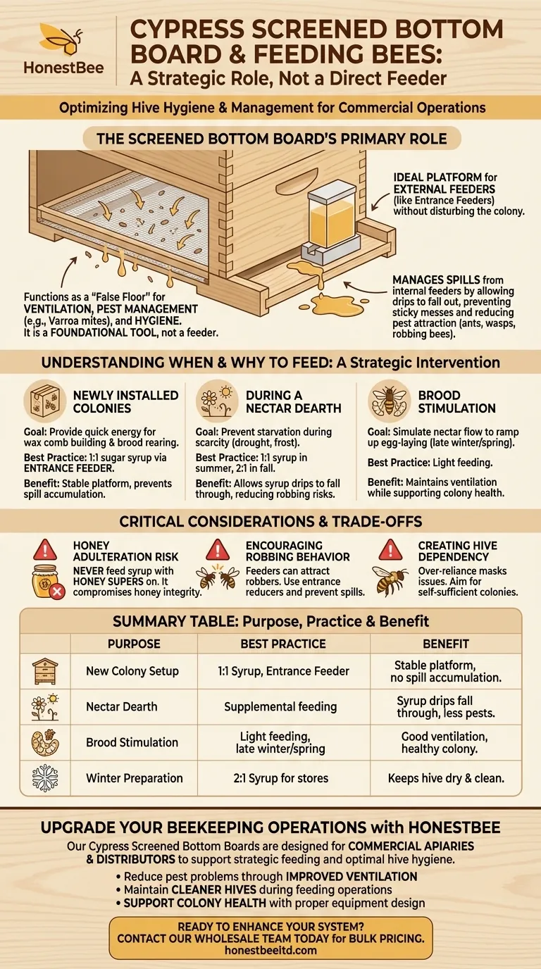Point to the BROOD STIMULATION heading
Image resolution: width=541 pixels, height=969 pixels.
point(456,401)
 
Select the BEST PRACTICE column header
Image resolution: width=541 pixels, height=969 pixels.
point(284,644)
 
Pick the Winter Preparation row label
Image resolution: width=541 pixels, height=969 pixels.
point(134,778)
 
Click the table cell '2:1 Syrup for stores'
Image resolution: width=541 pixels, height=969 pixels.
point(283,778)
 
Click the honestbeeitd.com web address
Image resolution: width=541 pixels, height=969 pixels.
point(270,949)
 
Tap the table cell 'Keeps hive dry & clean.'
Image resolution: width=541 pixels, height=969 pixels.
point(447,778)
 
